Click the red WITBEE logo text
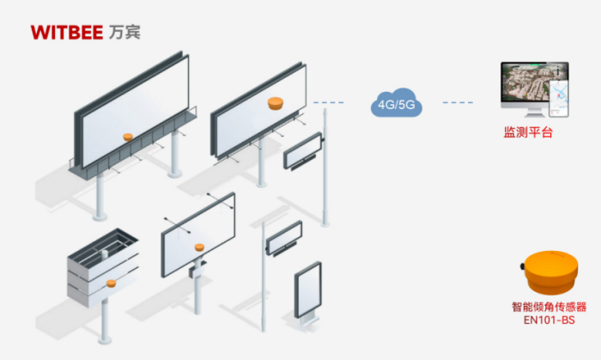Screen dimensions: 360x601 (x=67, y=33)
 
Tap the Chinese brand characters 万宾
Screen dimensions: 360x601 (x=125, y=33)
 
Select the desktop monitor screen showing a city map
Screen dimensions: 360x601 (x=533, y=84)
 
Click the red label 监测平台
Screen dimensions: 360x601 (x=527, y=132)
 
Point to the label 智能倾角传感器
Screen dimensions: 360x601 (x=549, y=306)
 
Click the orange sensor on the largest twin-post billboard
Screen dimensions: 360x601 (x=127, y=136)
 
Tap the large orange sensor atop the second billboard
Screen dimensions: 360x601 (x=276, y=103)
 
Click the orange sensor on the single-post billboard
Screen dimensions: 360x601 (x=199, y=247)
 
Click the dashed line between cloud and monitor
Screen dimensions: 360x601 (x=458, y=103)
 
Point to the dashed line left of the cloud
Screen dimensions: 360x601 (x=330, y=103)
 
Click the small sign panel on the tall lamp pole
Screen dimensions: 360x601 (x=303, y=150)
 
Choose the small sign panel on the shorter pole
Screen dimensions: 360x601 (x=283, y=237)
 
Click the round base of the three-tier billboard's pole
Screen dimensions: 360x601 (x=106, y=355)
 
